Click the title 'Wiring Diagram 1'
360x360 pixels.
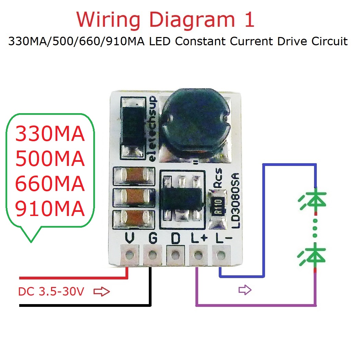click(x=166, y=20)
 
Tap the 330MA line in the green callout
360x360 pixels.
click(x=50, y=134)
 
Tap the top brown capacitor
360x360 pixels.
click(x=134, y=176)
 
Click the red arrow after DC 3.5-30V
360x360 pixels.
click(x=101, y=292)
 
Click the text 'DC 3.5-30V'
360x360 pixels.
click(x=51, y=292)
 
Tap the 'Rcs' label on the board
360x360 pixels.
click(x=218, y=178)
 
